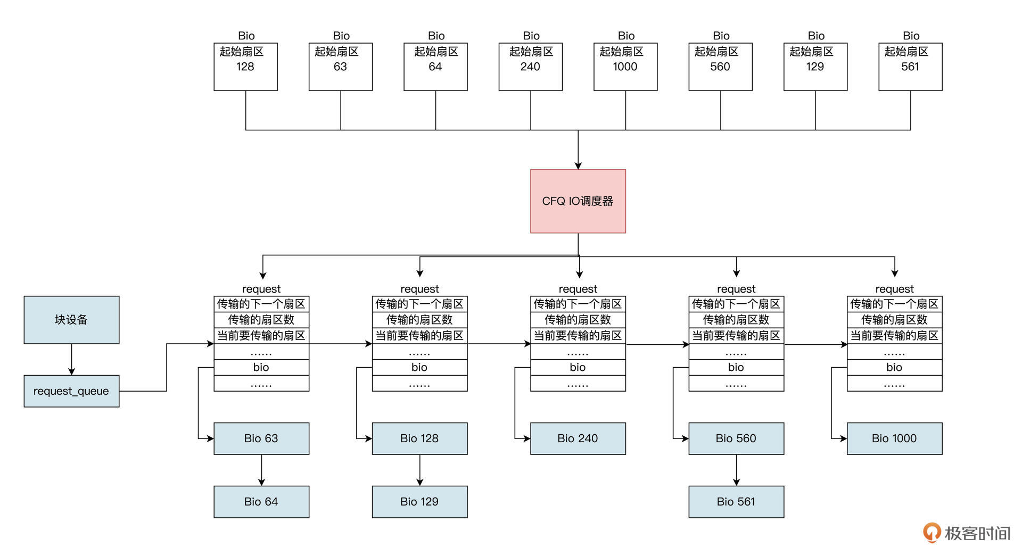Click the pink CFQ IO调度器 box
click(x=578, y=201)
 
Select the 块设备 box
click(x=71, y=320)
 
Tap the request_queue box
click(x=71, y=391)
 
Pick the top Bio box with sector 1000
click(x=625, y=67)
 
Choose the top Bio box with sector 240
click(x=530, y=67)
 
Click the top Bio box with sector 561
click(x=910, y=67)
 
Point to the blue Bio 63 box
click(x=261, y=438)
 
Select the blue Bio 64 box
click(x=261, y=502)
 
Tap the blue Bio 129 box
click(x=419, y=502)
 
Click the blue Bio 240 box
click(x=578, y=438)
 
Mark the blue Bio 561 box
click(x=736, y=502)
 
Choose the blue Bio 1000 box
click(x=894, y=438)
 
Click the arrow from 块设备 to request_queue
click(x=71, y=360)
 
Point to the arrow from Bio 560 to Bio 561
click(x=736, y=470)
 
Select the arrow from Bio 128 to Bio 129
click(x=419, y=470)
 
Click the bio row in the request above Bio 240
click(x=578, y=367)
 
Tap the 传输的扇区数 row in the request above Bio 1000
click(x=894, y=320)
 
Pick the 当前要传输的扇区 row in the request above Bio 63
click(x=261, y=336)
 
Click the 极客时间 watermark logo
click(x=967, y=533)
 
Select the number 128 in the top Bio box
click(x=245, y=67)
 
